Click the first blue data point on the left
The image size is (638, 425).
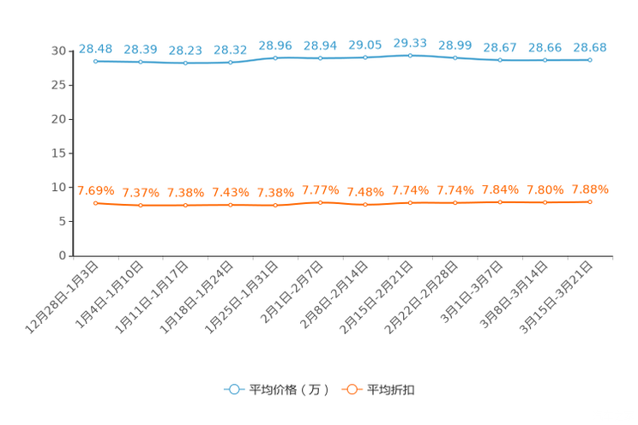pos(95,62)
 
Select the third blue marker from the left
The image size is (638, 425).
pos(185,63)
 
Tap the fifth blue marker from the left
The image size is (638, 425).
pos(275,58)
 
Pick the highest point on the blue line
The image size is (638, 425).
pos(410,56)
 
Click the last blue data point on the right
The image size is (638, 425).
pos(590,60)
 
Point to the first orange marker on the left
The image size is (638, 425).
pos(95,202)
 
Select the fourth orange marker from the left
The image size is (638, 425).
pos(230,205)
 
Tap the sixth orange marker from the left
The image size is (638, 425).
pos(320,202)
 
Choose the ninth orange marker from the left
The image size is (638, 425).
pos(454,202)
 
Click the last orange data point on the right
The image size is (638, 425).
pos(590,201)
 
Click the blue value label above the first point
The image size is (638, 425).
pos(95,49)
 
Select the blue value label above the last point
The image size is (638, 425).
pos(590,47)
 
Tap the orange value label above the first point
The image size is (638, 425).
pos(95,190)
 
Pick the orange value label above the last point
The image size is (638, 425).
pos(590,189)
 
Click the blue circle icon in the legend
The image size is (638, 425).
pos(232,389)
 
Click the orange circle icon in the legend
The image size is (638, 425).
pos(350,389)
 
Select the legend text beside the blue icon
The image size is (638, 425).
pos(288,390)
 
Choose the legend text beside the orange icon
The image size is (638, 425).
pos(392,390)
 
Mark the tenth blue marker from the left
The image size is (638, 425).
pos(500,60)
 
